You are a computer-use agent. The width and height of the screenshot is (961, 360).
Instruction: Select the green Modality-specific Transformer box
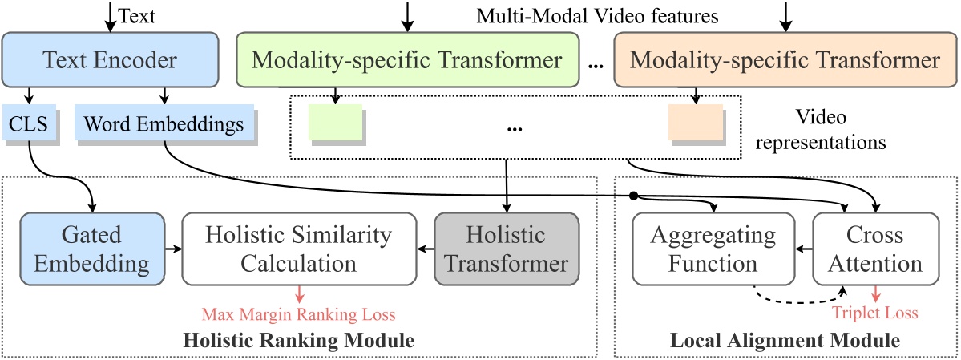[406, 59]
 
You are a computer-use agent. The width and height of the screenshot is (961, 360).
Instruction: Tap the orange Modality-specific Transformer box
[785, 59]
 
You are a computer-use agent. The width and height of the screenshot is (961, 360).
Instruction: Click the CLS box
[29, 124]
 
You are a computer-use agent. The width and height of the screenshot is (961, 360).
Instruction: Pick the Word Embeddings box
[164, 124]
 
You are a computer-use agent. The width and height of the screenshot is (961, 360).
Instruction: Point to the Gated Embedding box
[91, 249]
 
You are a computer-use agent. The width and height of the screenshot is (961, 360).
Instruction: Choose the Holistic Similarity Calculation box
[298, 249]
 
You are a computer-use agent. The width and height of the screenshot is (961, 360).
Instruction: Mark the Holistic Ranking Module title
[299, 341]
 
